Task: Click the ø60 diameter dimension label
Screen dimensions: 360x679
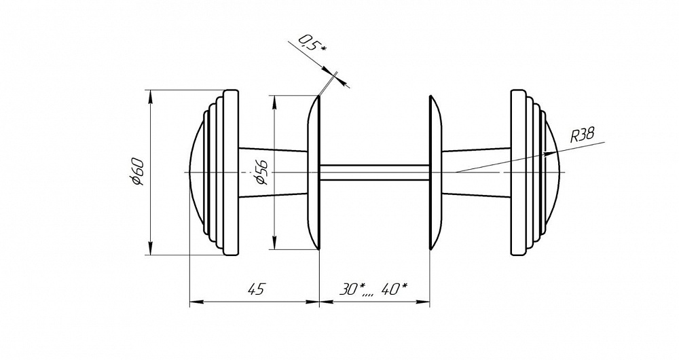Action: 136,172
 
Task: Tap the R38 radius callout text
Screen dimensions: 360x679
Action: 582,134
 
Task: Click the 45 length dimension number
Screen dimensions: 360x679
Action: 255,289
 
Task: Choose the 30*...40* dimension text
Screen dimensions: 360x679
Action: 373,289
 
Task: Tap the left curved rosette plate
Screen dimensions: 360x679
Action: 314,173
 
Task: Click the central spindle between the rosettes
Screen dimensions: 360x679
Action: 373,173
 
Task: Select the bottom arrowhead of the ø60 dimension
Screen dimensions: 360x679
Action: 150,250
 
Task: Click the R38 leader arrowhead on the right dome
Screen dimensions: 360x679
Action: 548,154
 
